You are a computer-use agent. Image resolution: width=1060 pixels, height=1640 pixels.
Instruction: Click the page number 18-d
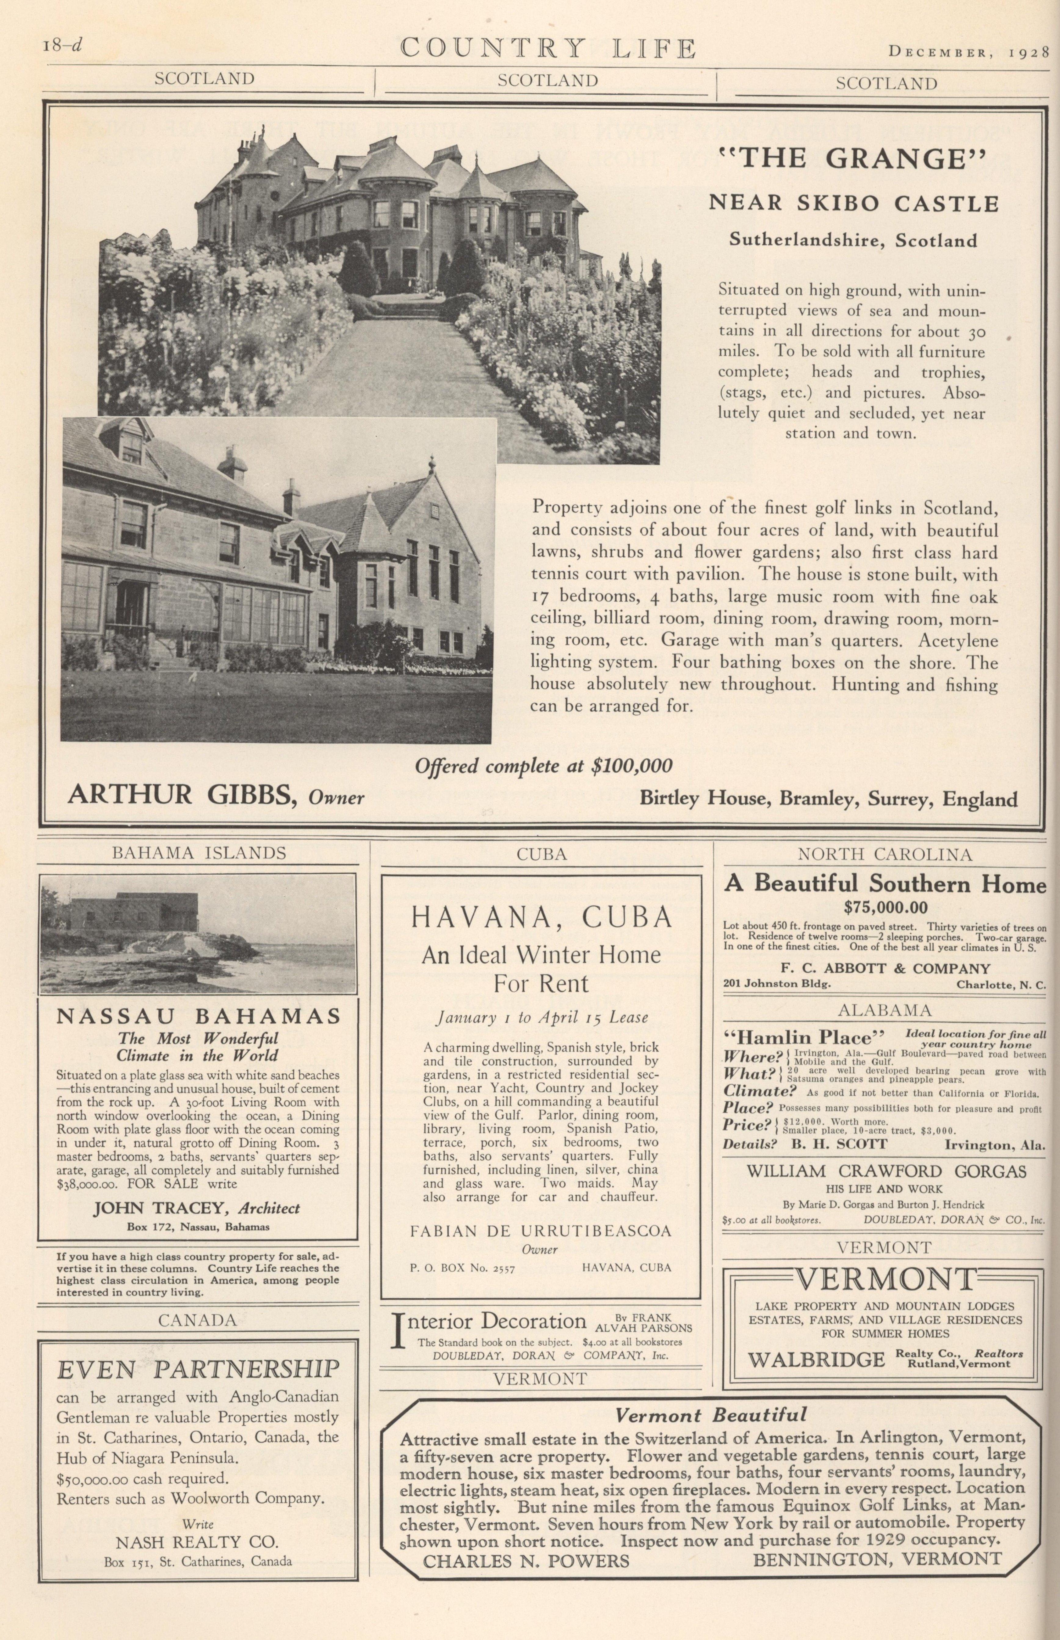62,45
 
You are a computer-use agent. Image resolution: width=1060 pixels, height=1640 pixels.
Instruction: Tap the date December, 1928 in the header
967,52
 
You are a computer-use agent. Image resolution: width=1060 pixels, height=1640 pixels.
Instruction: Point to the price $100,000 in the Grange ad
632,766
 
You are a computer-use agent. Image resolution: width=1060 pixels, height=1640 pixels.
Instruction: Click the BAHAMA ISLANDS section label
199,853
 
